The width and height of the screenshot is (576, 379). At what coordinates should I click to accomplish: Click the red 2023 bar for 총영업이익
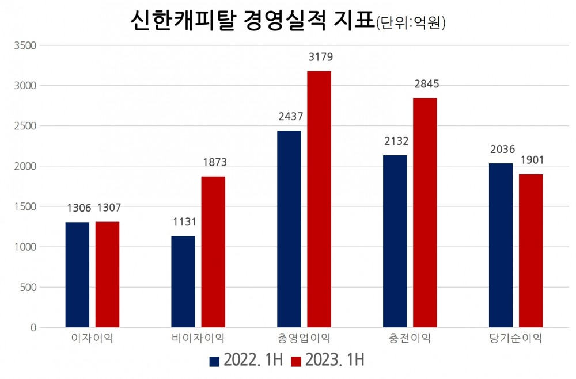coord(319,199)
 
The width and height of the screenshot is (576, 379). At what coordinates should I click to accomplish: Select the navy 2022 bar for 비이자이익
coord(183,282)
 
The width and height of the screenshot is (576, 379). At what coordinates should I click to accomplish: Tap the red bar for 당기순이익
coord(530,251)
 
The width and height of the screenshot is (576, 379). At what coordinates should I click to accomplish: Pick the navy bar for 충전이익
coord(395,242)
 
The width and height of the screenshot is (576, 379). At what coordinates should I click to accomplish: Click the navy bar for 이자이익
coord(77,275)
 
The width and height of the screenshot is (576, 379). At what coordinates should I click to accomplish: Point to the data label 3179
coord(321,58)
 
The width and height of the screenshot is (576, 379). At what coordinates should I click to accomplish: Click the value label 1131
coord(185,222)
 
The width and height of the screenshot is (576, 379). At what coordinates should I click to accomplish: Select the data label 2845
coord(427,85)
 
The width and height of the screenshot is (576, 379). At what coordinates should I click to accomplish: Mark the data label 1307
coord(108,208)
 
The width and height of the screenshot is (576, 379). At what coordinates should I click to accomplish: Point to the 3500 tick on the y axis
coord(25,45)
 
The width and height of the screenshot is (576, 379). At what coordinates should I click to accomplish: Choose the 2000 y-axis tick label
coord(25,166)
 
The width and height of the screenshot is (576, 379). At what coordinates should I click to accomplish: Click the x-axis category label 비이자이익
coord(198,338)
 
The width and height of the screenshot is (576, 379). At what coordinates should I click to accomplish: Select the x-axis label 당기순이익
coord(516,338)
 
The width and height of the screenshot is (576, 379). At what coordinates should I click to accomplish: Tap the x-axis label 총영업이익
coord(304,338)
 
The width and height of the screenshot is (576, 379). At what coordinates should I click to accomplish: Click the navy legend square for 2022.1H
coord(214,361)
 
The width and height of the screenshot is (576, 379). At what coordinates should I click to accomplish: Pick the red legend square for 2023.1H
coord(296,361)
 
